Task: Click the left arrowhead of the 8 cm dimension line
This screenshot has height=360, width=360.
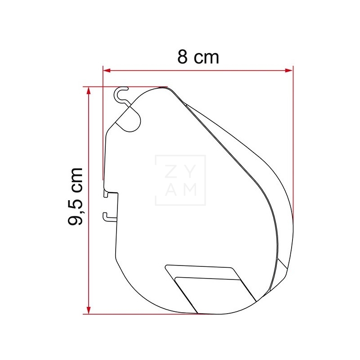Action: (107, 70)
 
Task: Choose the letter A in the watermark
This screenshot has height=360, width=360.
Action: (172, 190)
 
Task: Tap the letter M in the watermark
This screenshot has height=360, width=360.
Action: (189, 190)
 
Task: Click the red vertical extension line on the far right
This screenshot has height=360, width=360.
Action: (293, 135)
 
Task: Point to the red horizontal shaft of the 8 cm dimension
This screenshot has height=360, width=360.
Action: (198, 70)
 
